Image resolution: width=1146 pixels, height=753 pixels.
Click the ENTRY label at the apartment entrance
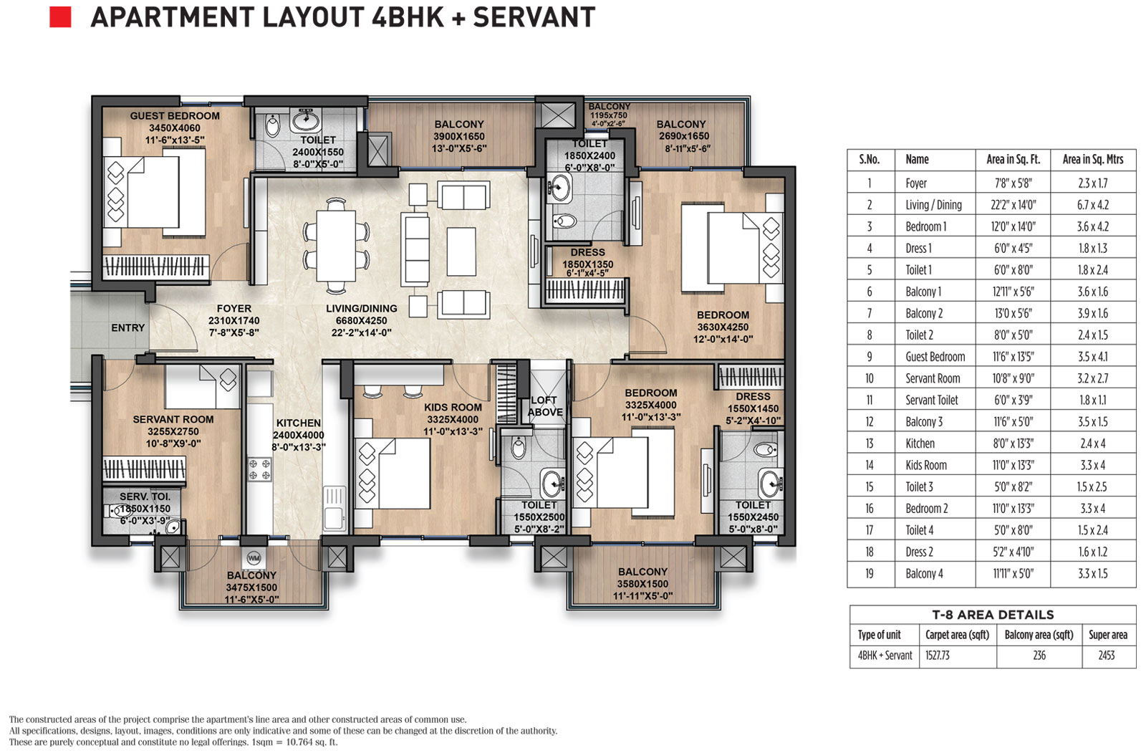128,327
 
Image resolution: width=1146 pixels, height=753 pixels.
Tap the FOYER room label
233,309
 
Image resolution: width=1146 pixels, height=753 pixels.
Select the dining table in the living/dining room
336,246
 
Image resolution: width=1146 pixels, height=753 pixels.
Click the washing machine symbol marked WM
254,557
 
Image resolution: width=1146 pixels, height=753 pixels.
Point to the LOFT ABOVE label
545,406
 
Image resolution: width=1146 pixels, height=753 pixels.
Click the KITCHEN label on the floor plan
298,423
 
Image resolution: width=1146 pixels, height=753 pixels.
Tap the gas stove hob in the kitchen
260,470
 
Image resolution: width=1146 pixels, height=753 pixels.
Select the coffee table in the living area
461,252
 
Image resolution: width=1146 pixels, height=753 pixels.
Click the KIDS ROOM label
453,408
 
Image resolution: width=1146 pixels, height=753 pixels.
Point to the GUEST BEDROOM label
175,116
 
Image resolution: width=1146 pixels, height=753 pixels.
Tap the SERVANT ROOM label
173,419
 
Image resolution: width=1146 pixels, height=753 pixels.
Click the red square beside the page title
60,16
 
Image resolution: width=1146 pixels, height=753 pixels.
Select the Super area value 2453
1107,656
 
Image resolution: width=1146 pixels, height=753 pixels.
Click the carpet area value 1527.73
938,656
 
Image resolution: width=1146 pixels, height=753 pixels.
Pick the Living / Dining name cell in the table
934,205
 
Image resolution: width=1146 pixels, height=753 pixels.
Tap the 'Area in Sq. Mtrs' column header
1093,159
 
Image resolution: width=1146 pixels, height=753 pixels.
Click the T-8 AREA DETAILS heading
993,615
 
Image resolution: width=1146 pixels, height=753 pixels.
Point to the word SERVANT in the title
534,17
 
